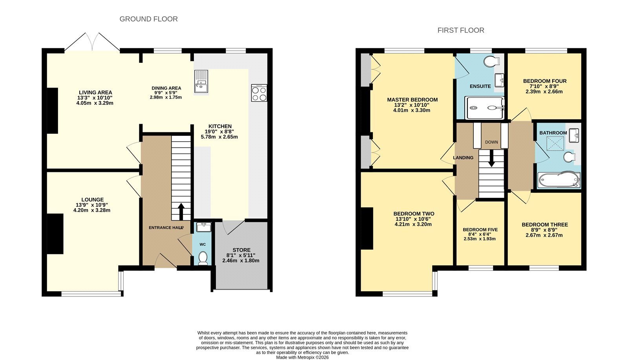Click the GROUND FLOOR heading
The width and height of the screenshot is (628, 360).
pos(149,19)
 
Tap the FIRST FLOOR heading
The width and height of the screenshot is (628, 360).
pos(461,30)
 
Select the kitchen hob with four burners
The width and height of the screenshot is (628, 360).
pos(259,93)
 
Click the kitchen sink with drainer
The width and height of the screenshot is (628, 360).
pos(201,81)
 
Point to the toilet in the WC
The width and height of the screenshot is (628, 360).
pos(203,258)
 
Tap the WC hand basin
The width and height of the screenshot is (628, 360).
pos(204,227)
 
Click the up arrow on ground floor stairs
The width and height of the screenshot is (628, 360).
pos(181,211)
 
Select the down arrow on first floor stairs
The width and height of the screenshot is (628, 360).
pos(491,159)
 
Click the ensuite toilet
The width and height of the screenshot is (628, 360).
pos(492,61)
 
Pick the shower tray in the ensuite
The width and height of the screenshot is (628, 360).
pos(484,108)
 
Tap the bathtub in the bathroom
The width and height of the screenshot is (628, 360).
pos(559,180)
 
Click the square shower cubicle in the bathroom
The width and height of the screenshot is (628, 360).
pos(555,144)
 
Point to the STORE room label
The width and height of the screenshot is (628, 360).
pos(241,250)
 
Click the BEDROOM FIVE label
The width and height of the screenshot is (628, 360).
pos(480,230)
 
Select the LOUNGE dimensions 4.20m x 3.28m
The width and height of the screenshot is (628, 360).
pos(92,210)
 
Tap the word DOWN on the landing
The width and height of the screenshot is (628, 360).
pos(491,142)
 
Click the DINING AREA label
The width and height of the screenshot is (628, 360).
pos(166,88)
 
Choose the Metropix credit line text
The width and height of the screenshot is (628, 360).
pos(302,358)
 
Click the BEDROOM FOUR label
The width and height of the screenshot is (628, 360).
pos(545,81)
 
